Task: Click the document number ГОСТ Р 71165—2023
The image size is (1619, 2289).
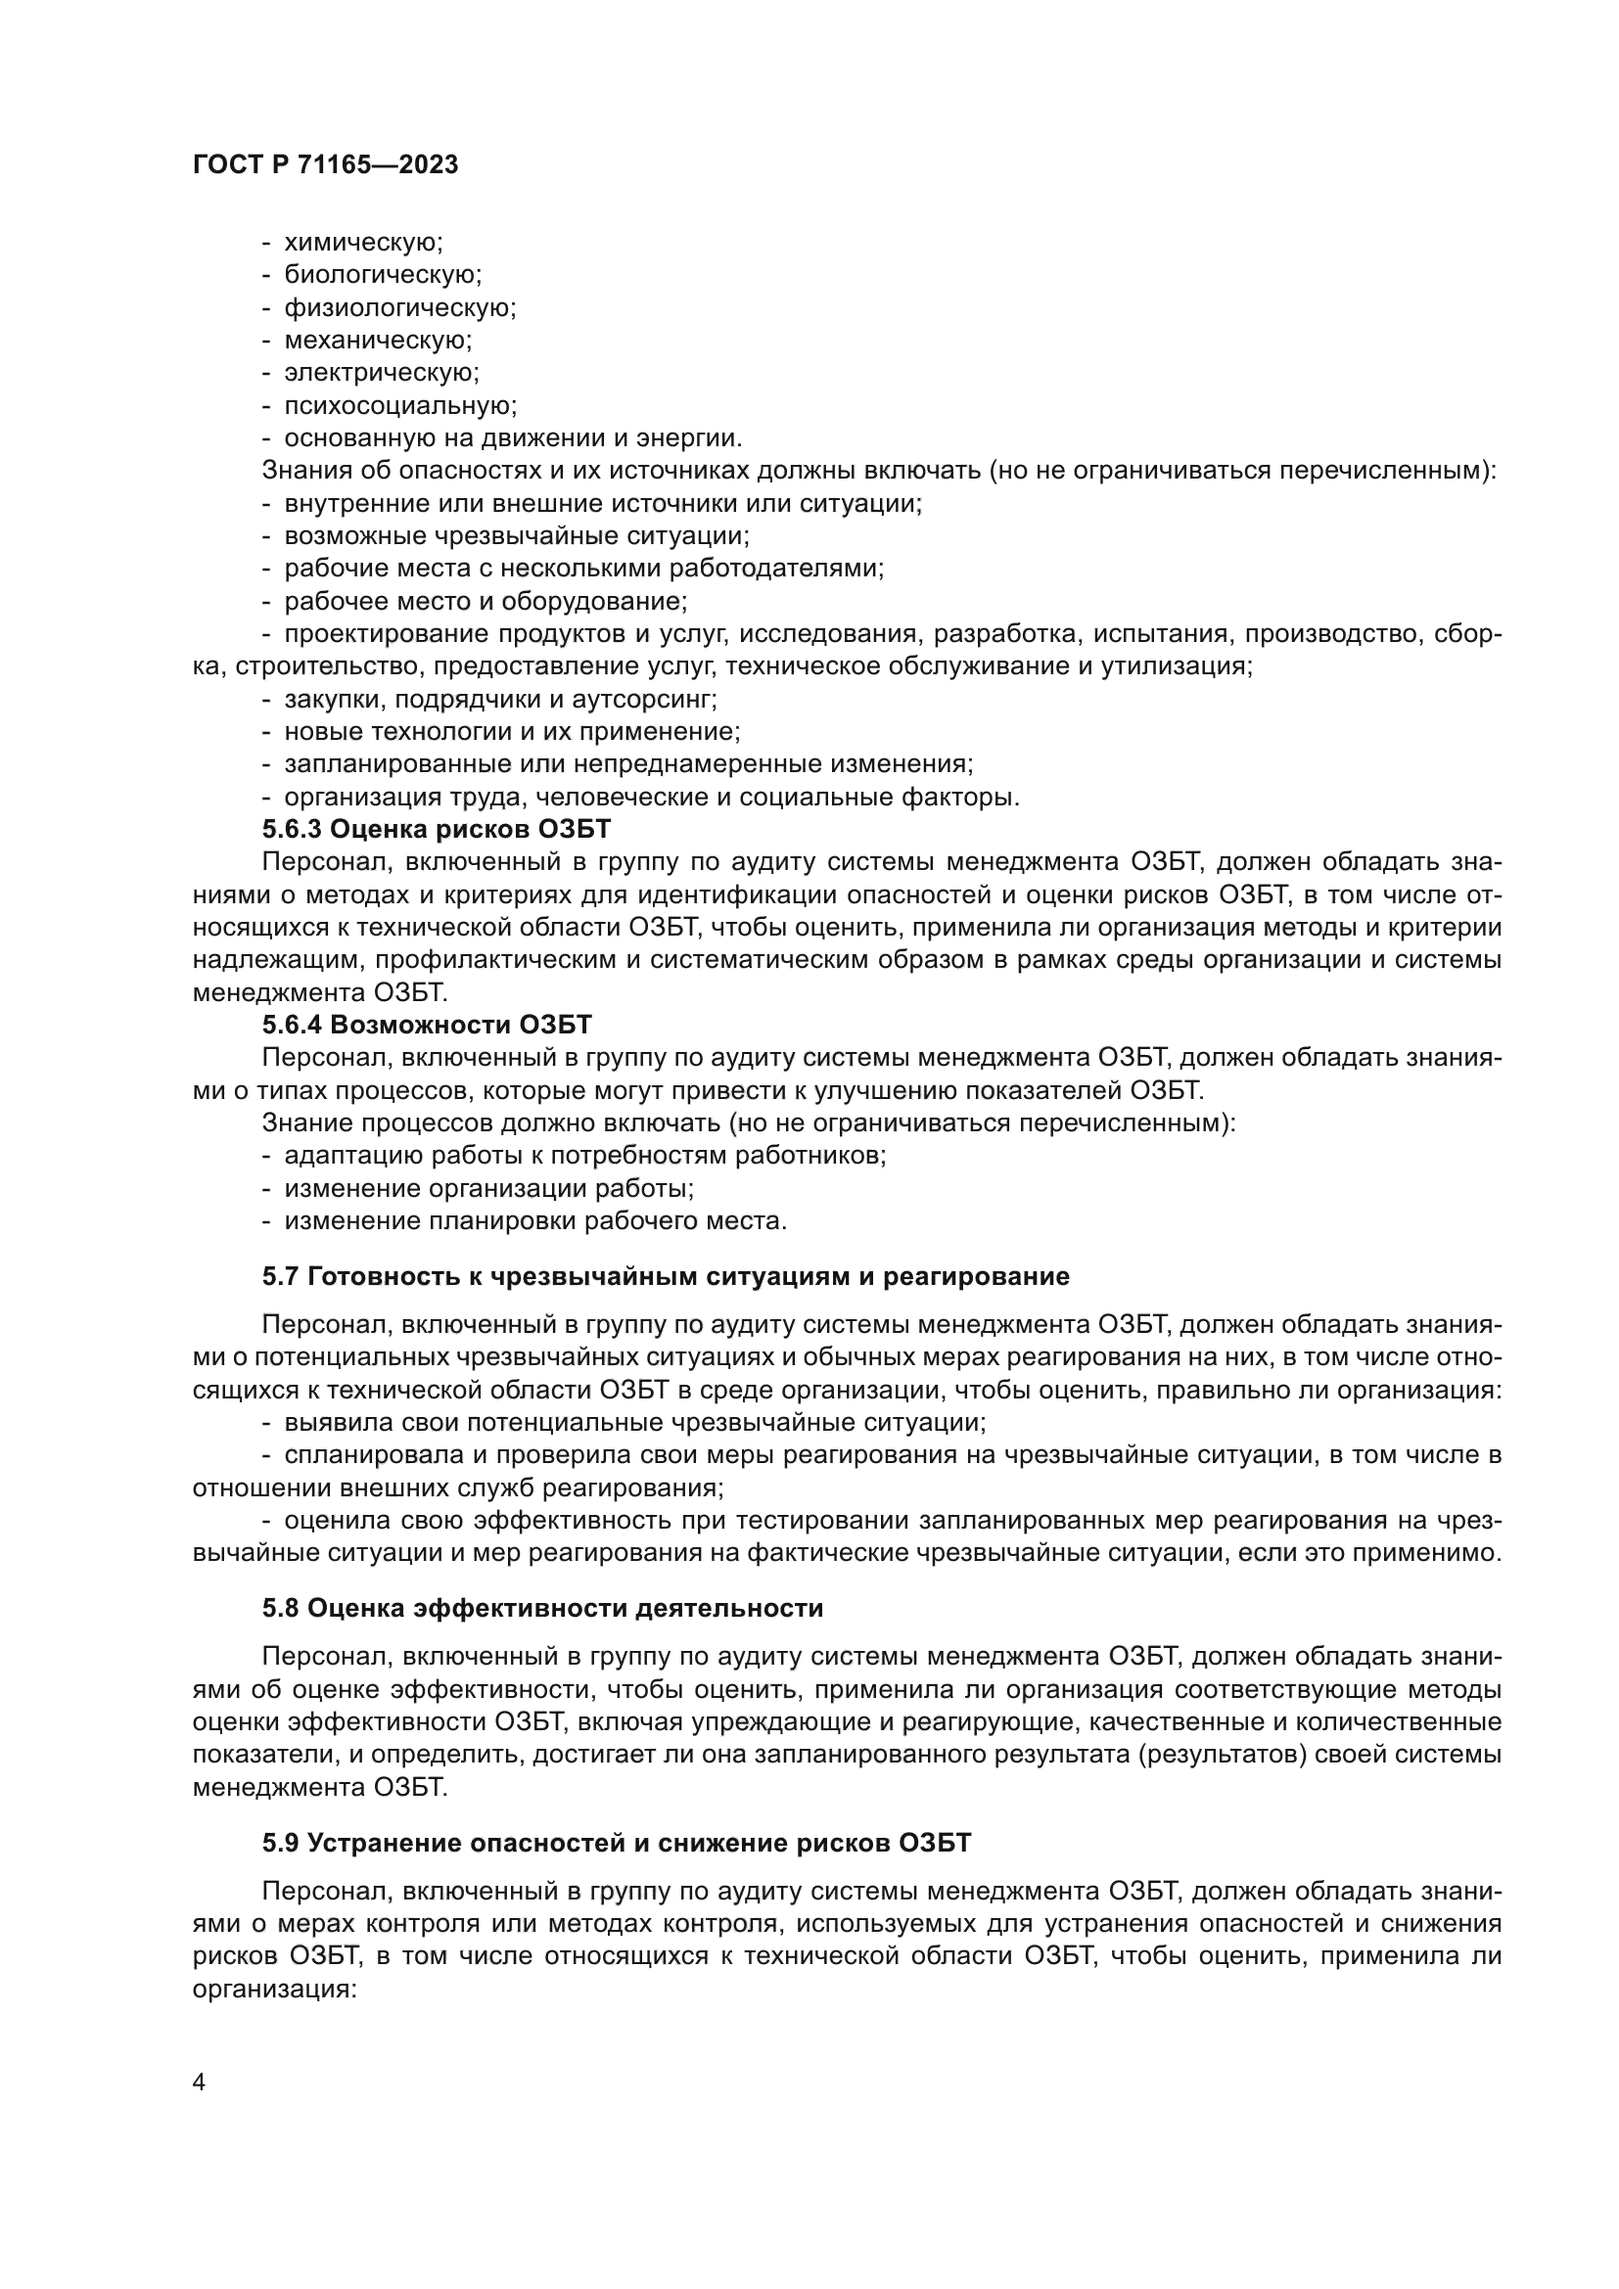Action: click(325, 165)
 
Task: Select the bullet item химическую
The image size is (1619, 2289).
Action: click(363, 243)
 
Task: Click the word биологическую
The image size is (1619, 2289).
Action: click(383, 275)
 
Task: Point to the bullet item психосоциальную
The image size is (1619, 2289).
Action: click(399, 406)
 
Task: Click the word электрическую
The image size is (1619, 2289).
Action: click(381, 373)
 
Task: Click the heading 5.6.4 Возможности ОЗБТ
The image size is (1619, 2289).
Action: click(427, 1025)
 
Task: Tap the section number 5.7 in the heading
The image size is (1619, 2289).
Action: click(281, 1277)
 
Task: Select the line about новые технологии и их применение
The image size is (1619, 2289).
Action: click(512, 733)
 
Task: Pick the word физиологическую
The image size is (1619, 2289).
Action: click(399, 308)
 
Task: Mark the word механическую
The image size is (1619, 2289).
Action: click(378, 341)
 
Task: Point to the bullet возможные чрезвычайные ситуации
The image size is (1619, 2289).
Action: click(517, 536)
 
